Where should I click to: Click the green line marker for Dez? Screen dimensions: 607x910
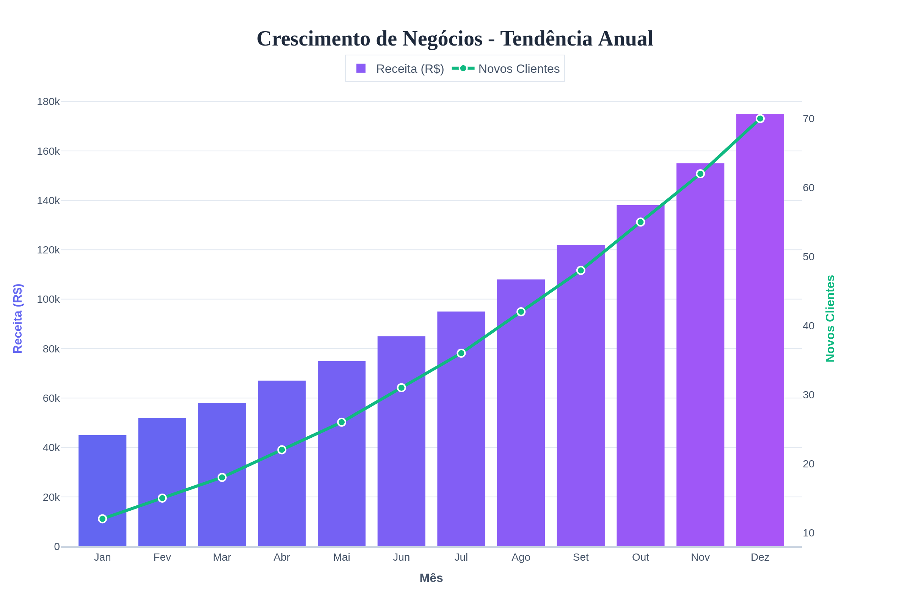click(760, 118)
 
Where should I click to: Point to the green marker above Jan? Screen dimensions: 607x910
click(102, 519)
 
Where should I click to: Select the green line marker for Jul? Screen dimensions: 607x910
click(461, 353)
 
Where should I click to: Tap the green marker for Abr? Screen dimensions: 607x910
click(282, 450)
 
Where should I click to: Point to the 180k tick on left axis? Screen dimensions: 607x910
click(49, 102)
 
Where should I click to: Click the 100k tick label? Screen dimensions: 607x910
click(49, 299)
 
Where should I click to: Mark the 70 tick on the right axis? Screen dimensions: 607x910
click(809, 119)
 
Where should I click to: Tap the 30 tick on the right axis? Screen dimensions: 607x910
click(809, 395)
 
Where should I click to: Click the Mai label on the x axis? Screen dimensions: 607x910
click(341, 557)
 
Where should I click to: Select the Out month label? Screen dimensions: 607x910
click(640, 557)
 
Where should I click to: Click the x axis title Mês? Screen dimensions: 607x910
click(431, 578)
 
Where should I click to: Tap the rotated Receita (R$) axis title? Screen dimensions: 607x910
click(18, 318)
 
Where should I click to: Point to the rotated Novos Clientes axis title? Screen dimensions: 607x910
click(830, 318)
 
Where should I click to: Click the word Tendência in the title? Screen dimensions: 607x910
click(546, 39)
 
